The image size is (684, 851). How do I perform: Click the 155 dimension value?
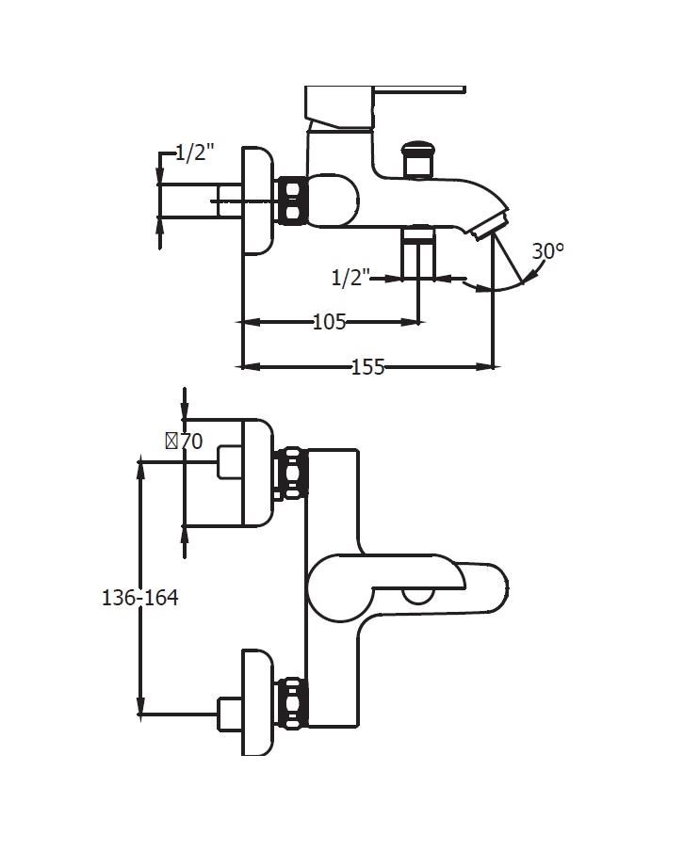[367, 367]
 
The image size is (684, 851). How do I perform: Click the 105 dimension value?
[329, 322]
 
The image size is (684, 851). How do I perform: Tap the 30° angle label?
[547, 251]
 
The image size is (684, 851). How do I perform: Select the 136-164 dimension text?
[140, 598]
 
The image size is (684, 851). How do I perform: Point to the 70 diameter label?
[185, 442]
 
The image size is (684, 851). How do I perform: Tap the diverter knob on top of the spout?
[417, 159]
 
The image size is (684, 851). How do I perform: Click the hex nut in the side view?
[292, 201]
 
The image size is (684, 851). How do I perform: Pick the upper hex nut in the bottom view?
[292, 473]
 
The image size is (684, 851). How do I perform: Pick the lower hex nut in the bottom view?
[292, 703]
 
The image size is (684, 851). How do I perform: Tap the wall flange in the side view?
[257, 201]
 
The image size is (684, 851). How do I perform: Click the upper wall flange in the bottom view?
[257, 473]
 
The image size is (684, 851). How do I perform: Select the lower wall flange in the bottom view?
[257, 702]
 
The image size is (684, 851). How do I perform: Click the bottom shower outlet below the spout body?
[417, 252]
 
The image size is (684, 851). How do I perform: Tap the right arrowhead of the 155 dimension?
[485, 367]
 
